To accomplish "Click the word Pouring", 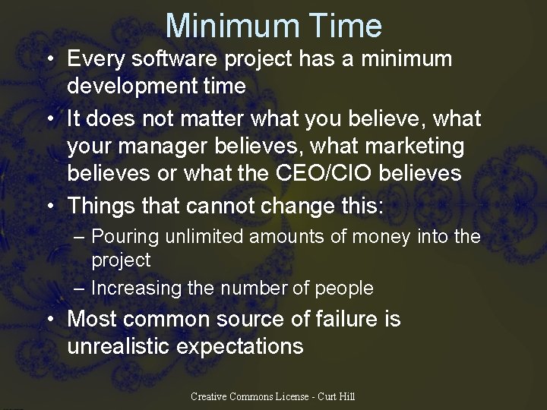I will coord(128,237).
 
